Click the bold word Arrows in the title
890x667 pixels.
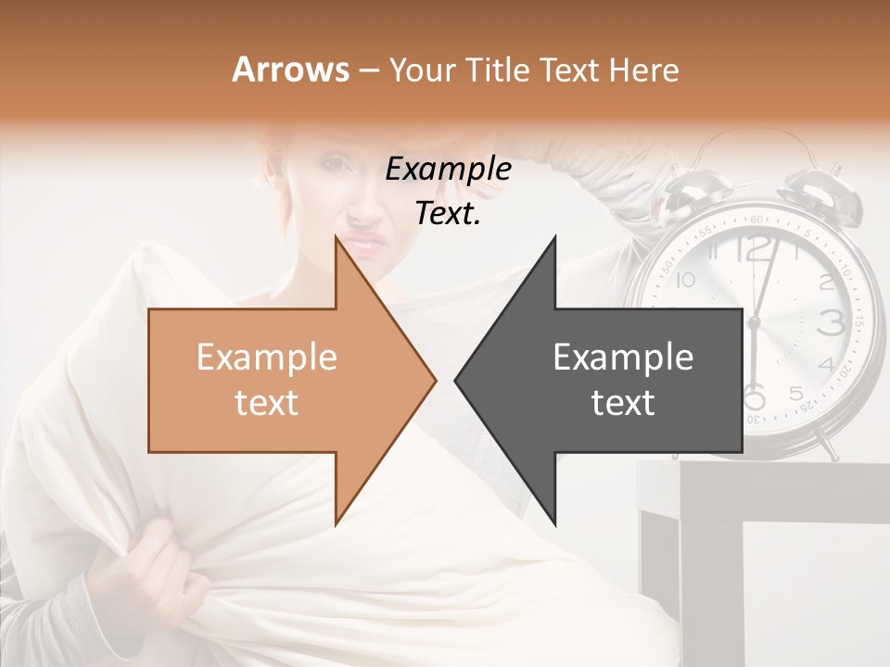click(x=291, y=69)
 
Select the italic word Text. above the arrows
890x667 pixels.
click(x=448, y=214)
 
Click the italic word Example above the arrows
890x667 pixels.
click(x=448, y=170)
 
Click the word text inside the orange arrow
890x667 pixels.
click(x=266, y=403)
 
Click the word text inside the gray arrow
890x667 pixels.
click(x=623, y=403)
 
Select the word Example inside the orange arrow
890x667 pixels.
click(x=266, y=358)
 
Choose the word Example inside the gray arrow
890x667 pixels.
click(x=623, y=358)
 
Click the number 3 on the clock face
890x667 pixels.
click(x=833, y=322)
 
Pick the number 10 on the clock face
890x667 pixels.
click(x=685, y=281)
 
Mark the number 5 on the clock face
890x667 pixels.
click(x=795, y=394)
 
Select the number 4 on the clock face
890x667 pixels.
click(x=825, y=364)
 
